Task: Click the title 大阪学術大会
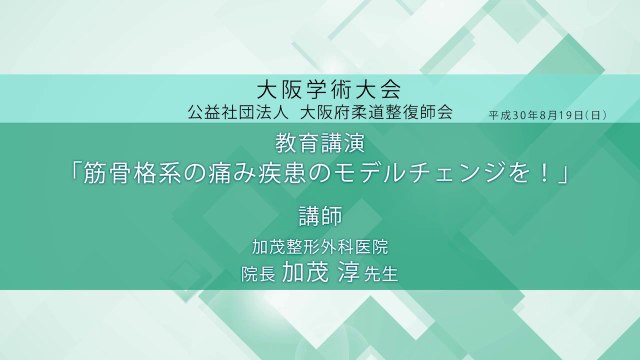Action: coord(319,87)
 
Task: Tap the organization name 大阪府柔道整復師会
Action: coord(377,110)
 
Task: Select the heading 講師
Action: coord(319,216)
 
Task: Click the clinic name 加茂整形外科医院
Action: coord(320,246)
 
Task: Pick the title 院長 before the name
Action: coord(258,273)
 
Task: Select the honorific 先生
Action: coord(383,273)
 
